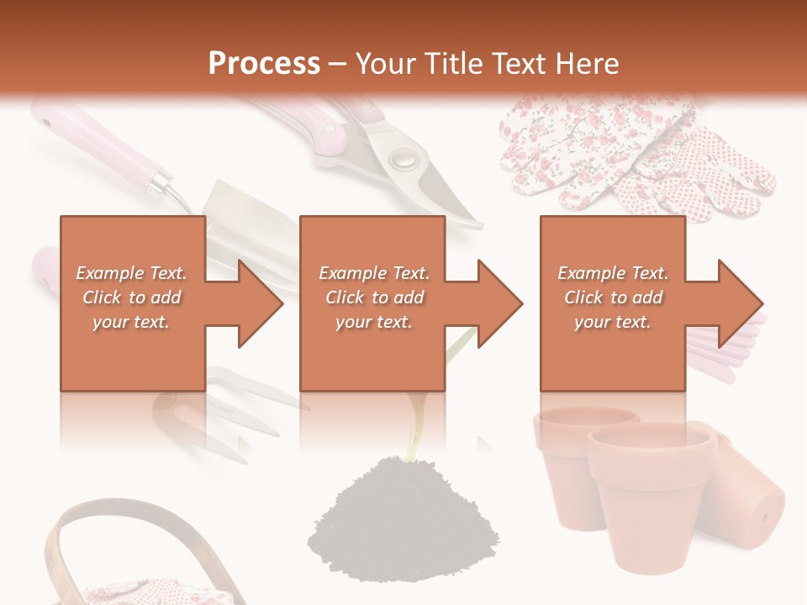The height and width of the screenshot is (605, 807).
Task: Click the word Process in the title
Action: coord(264,63)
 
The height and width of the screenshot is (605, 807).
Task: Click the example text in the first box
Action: coord(132,297)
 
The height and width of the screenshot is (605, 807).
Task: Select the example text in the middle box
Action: coord(374,297)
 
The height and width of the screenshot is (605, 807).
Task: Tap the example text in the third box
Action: coord(613,297)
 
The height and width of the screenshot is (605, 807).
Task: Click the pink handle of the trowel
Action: coord(101,147)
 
